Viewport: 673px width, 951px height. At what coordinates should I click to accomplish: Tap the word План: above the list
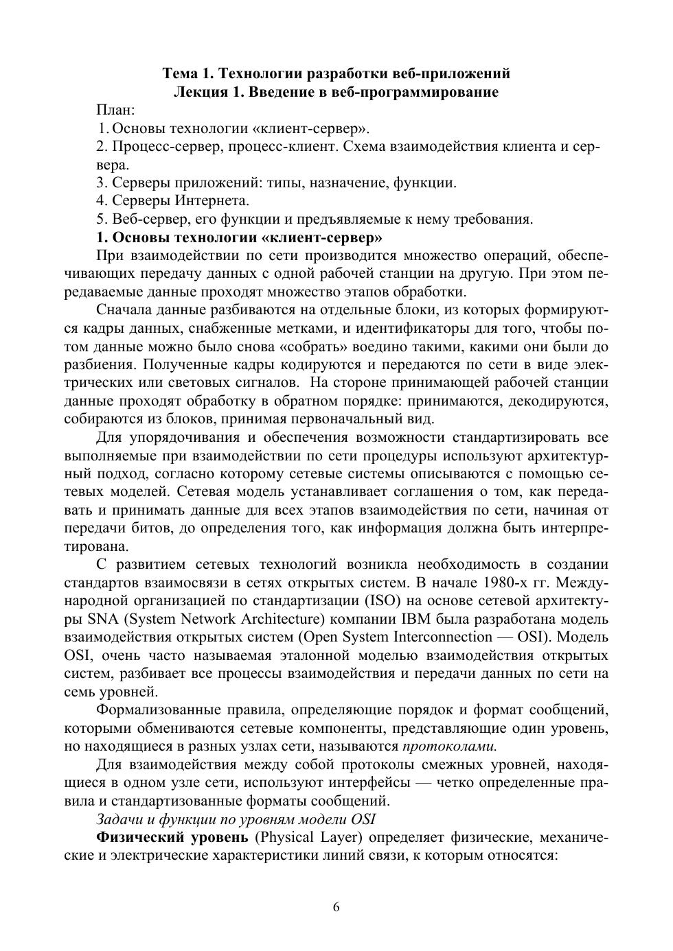point(115,110)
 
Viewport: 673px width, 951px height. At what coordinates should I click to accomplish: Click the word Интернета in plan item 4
point(212,201)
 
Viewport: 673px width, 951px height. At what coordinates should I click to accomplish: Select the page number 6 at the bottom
point(336,908)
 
